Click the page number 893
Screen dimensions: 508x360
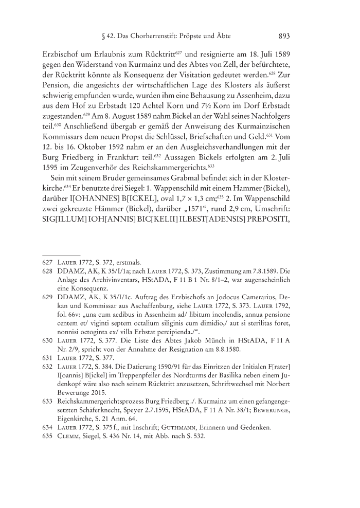(x=284, y=37)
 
